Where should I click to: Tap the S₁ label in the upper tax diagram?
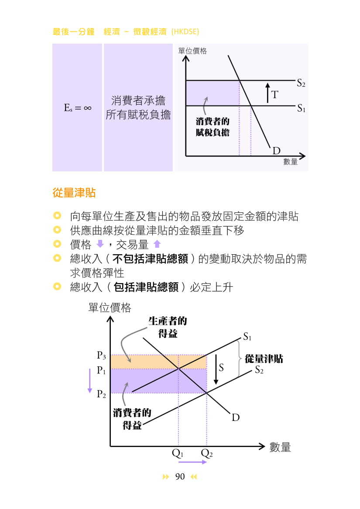point(301,108)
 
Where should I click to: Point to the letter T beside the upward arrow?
point(274,94)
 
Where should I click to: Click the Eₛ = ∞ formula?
point(78,107)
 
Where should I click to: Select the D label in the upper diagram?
point(277,151)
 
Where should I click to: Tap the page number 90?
point(180,477)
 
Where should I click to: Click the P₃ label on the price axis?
point(101,355)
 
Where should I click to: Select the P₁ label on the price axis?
point(101,370)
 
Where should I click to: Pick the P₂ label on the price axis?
point(101,394)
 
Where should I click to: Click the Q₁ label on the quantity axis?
point(178,453)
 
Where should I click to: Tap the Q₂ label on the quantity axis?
point(207,453)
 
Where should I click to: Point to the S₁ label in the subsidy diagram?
point(247,336)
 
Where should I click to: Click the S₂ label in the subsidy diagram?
point(259,370)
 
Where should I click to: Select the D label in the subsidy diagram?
point(236,417)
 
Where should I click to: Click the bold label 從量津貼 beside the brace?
point(264,359)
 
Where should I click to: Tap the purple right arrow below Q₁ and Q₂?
point(192,462)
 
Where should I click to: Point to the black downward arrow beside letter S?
point(216,370)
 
